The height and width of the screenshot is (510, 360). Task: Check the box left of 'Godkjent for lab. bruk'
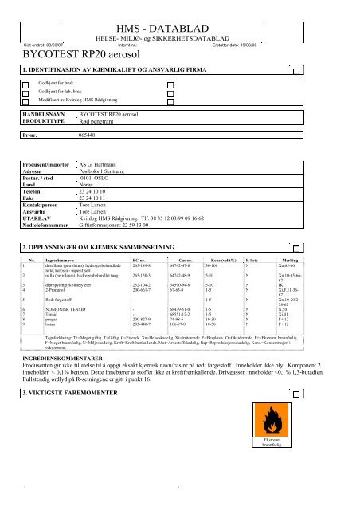click(25, 93)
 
